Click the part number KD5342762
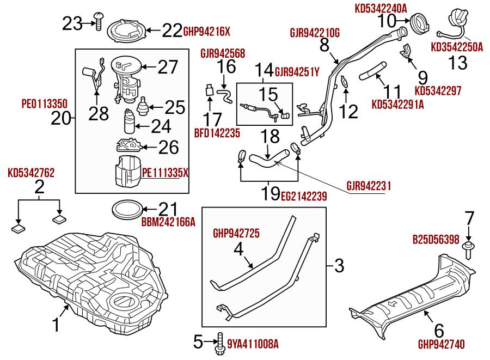pyautogui.click(x=31, y=173)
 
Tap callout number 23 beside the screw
pyautogui.click(x=71, y=23)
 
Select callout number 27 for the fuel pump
pyautogui.click(x=168, y=67)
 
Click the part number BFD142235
pyautogui.click(x=217, y=132)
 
